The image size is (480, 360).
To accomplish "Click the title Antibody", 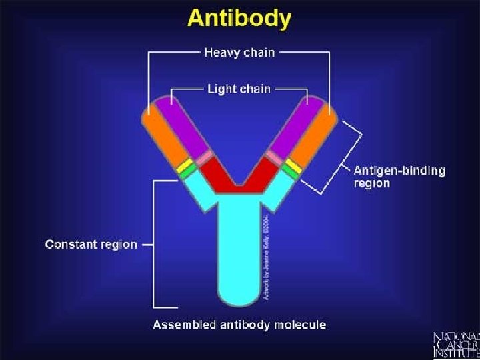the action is click(x=239, y=18).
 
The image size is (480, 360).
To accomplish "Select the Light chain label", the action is click(x=239, y=88).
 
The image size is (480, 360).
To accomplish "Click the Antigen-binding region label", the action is click(x=399, y=177).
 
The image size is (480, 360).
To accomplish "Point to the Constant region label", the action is click(x=91, y=244).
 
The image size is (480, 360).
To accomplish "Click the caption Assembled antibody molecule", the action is click(x=239, y=325).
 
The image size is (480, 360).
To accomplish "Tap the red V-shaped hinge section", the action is click(x=239, y=177).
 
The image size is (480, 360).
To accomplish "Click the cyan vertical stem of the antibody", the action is click(x=239, y=253).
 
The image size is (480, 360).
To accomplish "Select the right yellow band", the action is click(x=293, y=165).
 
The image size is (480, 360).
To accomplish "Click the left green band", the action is click(x=189, y=172).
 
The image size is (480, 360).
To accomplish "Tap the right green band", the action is click(x=289, y=171).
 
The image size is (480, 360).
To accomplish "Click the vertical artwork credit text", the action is click(x=266, y=257).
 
